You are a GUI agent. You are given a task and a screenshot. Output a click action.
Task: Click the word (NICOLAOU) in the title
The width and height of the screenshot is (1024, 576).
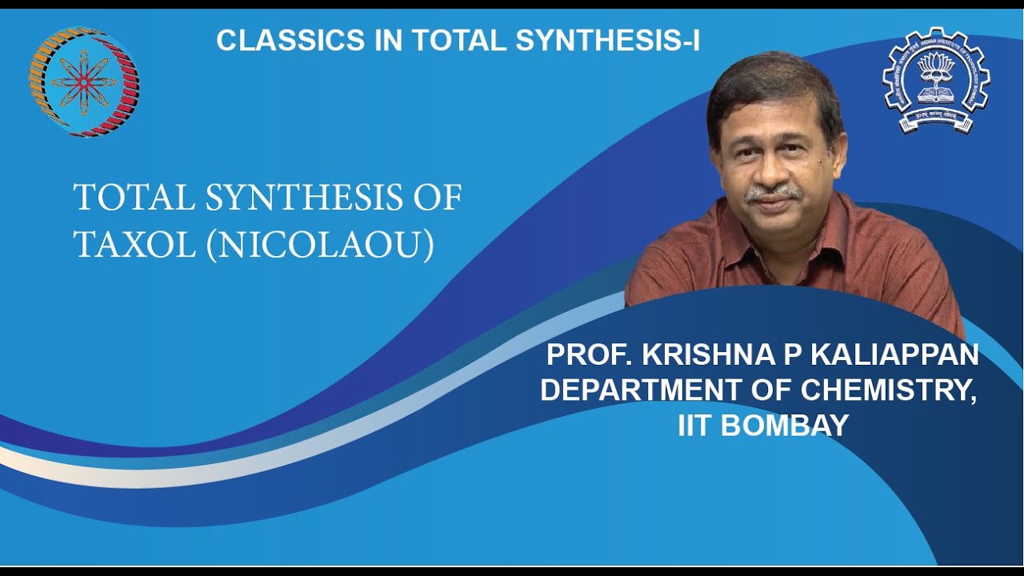320,246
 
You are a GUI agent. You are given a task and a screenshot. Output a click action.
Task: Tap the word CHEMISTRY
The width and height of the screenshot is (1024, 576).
888,390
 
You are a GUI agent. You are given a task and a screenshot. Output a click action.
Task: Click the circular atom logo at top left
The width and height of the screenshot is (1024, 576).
83,82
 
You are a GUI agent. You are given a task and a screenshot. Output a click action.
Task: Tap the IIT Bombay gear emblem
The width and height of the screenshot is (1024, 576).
936,80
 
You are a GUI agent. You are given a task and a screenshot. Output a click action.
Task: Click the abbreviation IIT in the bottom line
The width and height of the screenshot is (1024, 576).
695,425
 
